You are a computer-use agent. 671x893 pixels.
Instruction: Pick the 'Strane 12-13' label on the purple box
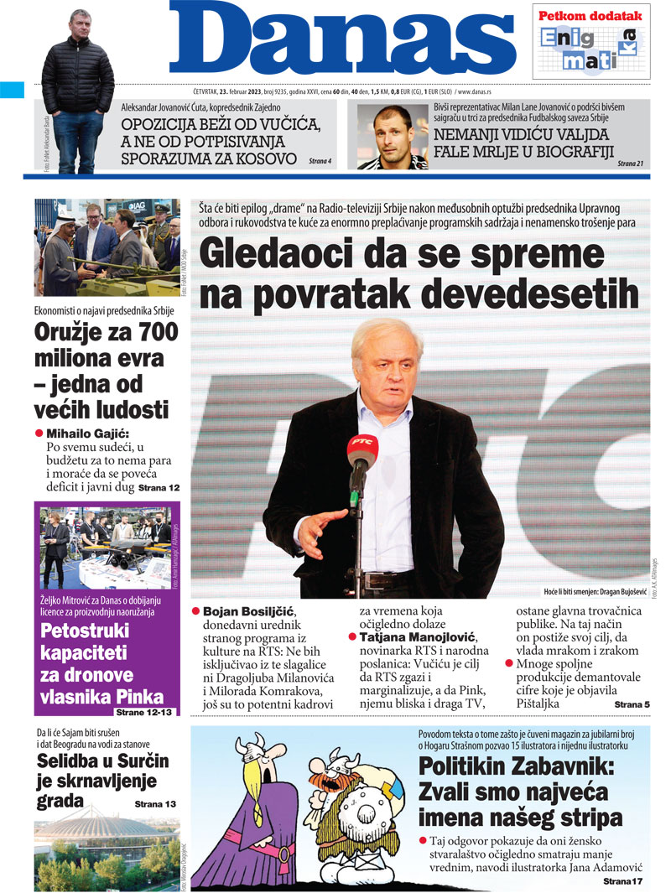143,713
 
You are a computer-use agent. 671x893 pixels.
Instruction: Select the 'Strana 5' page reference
632,705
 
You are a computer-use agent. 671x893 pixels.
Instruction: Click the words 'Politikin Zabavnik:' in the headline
516,766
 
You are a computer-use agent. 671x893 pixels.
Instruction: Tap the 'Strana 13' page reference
155,804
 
